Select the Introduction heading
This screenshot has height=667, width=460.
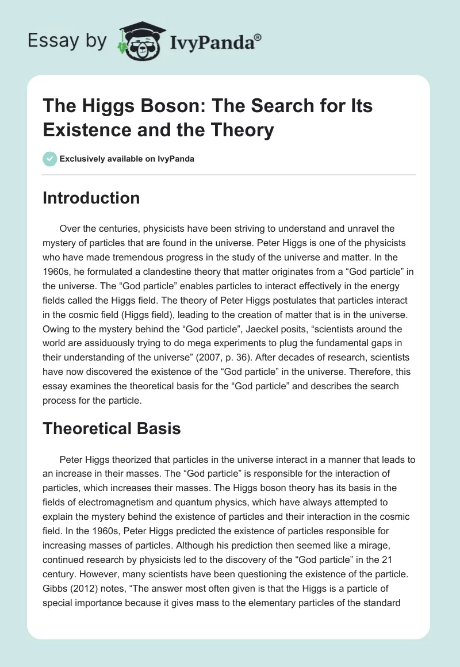click(91, 198)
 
